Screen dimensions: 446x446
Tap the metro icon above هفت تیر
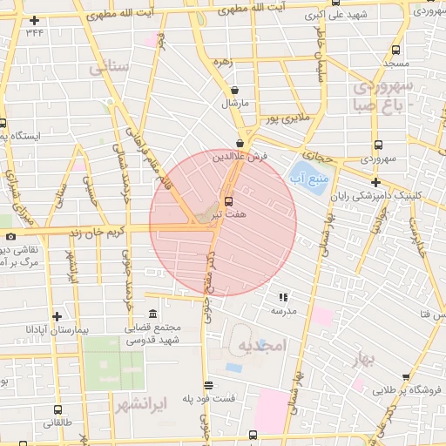(229, 201)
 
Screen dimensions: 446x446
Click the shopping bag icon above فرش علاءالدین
(240, 144)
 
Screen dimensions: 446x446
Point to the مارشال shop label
(235, 103)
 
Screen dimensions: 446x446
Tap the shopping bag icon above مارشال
(235, 90)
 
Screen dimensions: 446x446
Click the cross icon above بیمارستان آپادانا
(57, 317)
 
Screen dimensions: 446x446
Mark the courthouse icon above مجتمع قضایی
(153, 314)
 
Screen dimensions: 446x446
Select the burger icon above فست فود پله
(207, 385)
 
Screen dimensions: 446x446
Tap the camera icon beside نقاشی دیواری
(10, 236)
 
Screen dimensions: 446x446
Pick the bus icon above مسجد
(397, 51)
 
